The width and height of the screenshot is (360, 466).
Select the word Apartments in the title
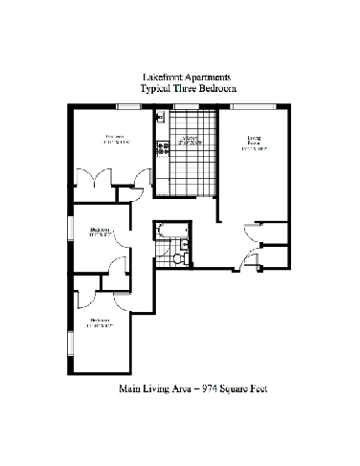(x=207, y=77)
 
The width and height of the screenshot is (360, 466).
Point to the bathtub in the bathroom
(x=171, y=231)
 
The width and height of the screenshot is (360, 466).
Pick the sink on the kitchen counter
(x=161, y=119)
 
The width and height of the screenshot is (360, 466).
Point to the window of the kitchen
(x=179, y=104)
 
